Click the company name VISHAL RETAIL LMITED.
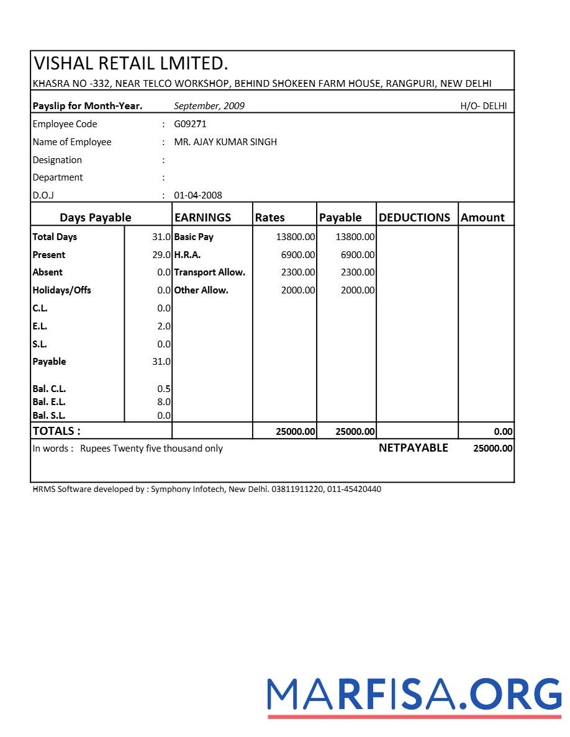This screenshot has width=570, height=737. coord(131,63)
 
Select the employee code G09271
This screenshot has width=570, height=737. coord(190,124)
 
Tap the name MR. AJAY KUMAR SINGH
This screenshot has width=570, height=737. coord(225,142)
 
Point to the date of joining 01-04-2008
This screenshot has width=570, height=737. coord(197,195)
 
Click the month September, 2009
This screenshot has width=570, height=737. coord(209,106)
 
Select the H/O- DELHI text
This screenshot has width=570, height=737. coord(483,106)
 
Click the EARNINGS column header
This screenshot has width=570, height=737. coord(202,218)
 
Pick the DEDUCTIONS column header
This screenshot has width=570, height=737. coord(414,218)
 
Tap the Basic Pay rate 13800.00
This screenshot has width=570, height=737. coord(296,237)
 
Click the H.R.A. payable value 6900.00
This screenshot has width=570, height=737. coord(358,255)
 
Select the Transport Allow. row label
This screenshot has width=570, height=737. coord(209,272)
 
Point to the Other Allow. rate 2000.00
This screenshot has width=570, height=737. coord(298,290)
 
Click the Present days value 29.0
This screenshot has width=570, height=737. coord(161,255)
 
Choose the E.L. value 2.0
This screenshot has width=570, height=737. coord(164,326)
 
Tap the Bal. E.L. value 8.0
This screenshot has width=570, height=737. coord(164,402)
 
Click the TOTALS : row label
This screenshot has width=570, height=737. coord(57,431)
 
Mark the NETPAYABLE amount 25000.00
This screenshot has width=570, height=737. coord(492,449)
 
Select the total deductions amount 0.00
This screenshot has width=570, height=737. coord(503,432)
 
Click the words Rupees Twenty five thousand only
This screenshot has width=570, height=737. coord(151,449)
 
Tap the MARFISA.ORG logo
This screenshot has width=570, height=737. coord(415,695)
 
